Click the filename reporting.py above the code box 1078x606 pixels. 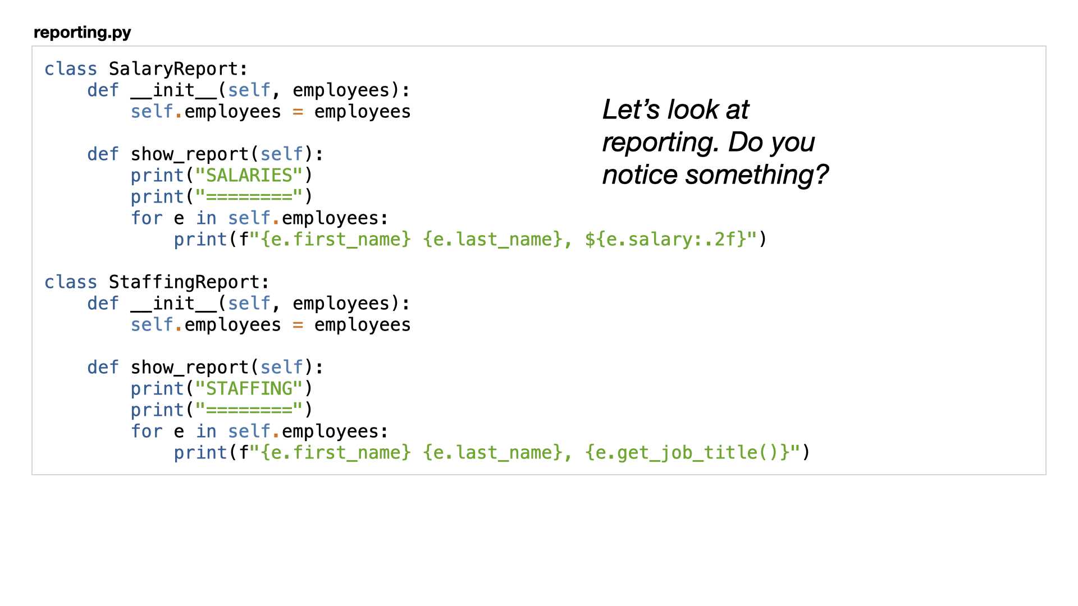[83, 33]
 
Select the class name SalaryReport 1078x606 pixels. [173, 69]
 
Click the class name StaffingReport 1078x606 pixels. [184, 282]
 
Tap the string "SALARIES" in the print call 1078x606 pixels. [249, 176]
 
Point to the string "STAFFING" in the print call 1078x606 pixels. [249, 389]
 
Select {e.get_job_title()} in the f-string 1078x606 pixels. [688, 453]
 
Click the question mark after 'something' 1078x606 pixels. [821, 175]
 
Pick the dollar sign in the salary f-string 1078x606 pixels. [590, 240]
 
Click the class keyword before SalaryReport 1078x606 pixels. [71, 69]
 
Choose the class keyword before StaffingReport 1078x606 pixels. [71, 282]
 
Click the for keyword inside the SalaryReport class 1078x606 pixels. [147, 218]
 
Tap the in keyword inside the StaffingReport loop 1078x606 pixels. [206, 431]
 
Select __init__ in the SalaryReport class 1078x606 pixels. [173, 90]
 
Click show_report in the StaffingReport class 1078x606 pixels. [190, 368]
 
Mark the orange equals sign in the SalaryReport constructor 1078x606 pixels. [298, 112]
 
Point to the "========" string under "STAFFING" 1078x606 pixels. [249, 410]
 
